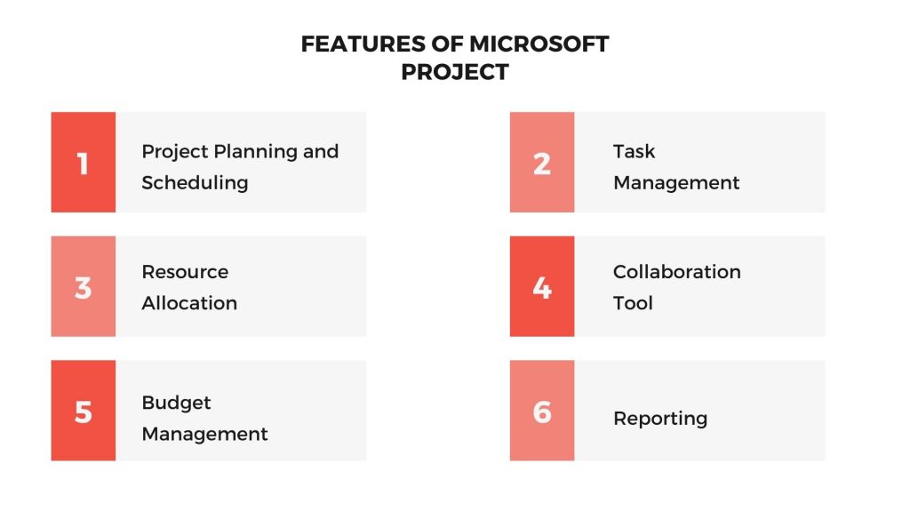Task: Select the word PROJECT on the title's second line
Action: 455,72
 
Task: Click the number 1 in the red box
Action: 84,163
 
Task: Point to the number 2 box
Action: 542,163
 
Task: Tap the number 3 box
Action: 84,286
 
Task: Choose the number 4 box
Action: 542,286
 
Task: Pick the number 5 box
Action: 84,411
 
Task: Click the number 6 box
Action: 542,411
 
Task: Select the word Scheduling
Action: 195,183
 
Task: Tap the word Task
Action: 634,151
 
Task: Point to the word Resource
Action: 185,272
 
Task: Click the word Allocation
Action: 189,303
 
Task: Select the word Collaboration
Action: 676,272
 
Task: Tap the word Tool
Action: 633,303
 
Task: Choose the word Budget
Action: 176,403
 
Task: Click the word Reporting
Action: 660,419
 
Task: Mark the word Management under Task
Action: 676,183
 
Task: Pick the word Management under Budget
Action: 204,434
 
